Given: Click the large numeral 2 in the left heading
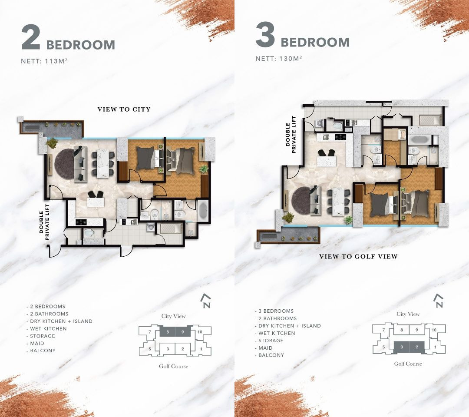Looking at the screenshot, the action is tap(31, 38).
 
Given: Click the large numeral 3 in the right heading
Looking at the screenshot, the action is tap(265, 35).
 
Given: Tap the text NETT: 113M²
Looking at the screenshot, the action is tap(44, 61).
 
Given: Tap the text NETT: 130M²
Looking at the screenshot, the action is tap(278, 58).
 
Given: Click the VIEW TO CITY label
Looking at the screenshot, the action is tap(124, 109).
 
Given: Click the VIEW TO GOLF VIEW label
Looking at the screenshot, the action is tap(358, 256).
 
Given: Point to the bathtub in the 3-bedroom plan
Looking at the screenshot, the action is tap(420, 139).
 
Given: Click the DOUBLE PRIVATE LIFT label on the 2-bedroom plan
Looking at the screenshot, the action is tap(44, 222).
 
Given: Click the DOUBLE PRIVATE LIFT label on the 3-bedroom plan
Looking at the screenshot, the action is tap(291, 135).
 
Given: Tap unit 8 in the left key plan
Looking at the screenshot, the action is tap(168, 332).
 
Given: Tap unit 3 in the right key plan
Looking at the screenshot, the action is tap(402, 347).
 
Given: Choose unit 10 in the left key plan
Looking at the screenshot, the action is tap(200, 332).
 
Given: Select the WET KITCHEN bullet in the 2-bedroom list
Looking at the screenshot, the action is tap(46, 328).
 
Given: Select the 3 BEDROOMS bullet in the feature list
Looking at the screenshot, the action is tap(274, 311).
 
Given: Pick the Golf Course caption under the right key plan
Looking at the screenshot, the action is tap(408, 364).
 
